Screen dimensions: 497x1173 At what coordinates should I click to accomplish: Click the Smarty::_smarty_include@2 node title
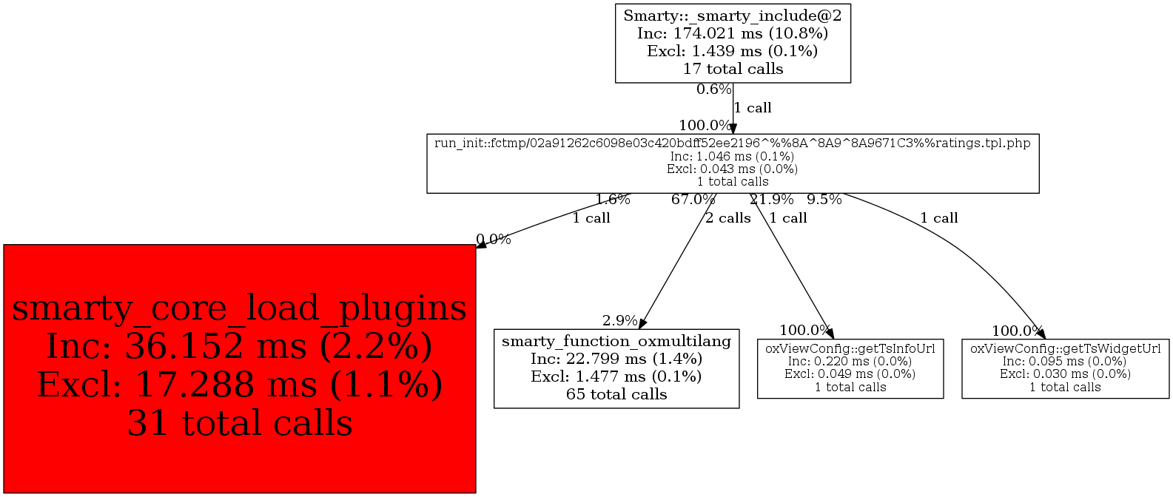click(733, 16)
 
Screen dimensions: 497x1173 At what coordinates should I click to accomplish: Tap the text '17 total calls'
click(733, 69)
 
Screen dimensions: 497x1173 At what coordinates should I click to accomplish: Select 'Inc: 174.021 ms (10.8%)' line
click(733, 33)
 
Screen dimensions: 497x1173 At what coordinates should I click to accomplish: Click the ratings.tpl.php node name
click(733, 143)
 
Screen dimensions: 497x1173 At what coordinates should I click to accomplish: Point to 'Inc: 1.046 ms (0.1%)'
click(733, 156)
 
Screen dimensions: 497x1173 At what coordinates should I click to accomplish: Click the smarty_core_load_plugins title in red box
click(239, 308)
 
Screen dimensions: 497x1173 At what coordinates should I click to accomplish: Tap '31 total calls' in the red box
click(239, 424)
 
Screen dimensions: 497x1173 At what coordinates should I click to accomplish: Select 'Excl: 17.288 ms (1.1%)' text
click(239, 385)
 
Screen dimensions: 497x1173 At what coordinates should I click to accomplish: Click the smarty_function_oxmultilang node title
click(616, 341)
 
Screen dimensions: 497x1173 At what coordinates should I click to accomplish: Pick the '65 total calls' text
click(616, 394)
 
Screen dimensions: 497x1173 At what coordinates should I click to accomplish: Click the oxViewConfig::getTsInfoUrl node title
click(850, 348)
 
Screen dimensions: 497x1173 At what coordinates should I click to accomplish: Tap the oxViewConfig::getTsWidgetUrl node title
click(1065, 348)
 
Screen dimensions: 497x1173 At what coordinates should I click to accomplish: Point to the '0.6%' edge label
click(713, 89)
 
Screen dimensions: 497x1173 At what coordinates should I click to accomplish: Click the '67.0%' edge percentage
click(693, 199)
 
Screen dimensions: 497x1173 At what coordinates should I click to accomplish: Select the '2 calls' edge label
click(727, 218)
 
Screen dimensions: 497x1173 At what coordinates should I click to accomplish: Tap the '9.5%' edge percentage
click(824, 199)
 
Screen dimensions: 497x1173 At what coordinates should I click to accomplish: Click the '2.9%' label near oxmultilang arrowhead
click(619, 320)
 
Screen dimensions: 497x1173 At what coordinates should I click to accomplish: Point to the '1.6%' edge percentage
click(613, 199)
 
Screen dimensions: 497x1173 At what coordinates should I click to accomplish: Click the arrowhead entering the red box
click(481, 245)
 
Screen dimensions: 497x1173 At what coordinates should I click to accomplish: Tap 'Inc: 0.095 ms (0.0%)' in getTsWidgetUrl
click(1065, 361)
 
